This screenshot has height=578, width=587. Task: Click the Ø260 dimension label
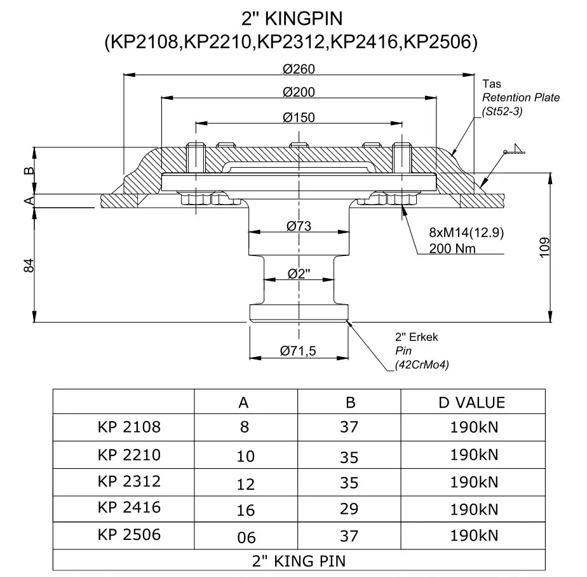click(x=299, y=68)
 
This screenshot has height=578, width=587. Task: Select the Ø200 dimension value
click(x=299, y=92)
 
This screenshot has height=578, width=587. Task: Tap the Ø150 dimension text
click(x=299, y=117)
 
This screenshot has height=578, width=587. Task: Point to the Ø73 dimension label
click(x=299, y=226)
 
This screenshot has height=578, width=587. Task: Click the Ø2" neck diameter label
click(x=299, y=274)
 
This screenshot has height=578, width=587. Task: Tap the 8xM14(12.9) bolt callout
click(x=466, y=233)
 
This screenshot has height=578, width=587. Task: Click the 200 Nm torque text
click(x=452, y=248)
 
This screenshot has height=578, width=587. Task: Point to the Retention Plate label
click(x=520, y=97)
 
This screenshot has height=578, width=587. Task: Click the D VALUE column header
click(x=472, y=402)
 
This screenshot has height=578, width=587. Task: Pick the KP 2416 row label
click(x=130, y=507)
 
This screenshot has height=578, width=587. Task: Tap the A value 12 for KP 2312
click(x=245, y=484)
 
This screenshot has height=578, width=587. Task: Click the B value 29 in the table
click(x=349, y=509)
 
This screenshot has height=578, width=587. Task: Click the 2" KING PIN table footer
click(x=299, y=560)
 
